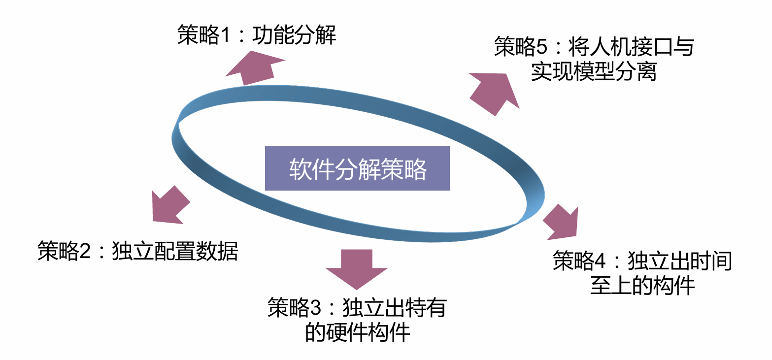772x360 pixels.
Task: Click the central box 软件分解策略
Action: click(357, 168)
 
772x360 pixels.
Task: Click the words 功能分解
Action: click(294, 35)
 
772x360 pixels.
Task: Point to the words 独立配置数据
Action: click(175, 251)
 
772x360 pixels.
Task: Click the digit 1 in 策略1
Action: click(225, 36)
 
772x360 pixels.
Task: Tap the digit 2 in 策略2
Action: click(85, 252)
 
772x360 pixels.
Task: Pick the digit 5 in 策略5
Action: click(542, 48)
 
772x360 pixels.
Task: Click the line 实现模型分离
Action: click(594, 72)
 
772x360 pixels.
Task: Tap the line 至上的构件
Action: click(642, 286)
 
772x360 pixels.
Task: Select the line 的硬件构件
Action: click(358, 332)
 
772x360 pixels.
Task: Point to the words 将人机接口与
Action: click(631, 48)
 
